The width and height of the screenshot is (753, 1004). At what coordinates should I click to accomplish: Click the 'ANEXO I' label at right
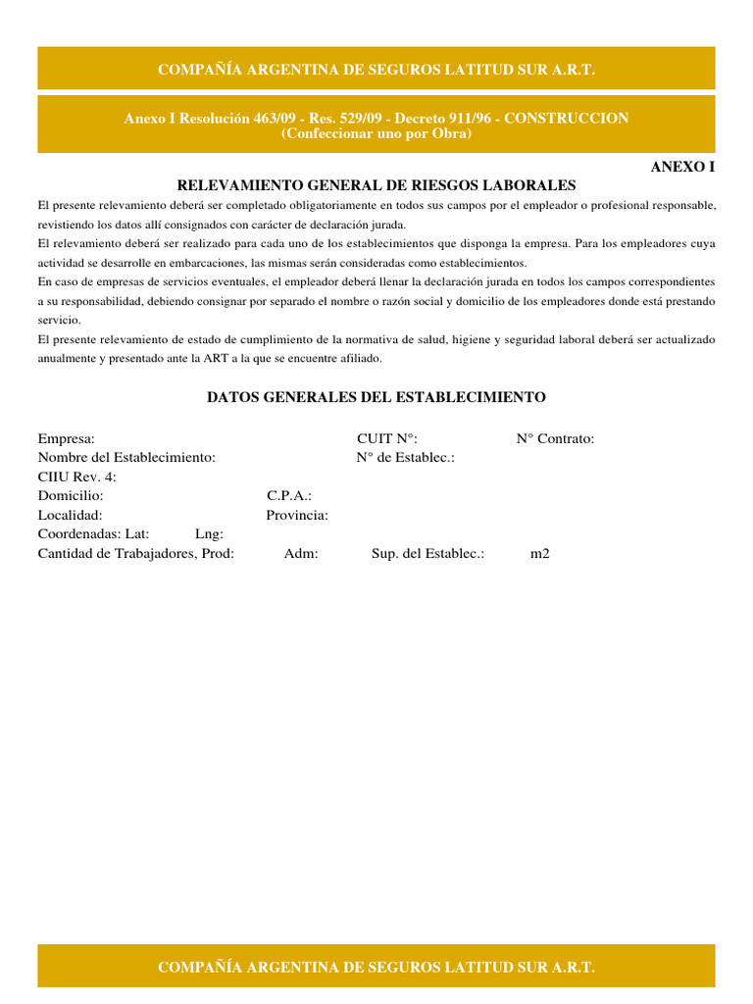click(x=683, y=167)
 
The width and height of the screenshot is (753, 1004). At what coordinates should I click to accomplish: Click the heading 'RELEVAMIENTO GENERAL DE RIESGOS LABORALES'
click(x=376, y=185)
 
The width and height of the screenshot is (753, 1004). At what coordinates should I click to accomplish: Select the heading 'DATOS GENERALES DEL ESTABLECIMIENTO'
click(x=376, y=397)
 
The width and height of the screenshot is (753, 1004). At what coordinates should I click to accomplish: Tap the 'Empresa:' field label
click(x=67, y=438)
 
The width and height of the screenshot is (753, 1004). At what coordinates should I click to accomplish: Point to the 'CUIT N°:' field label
click(x=387, y=438)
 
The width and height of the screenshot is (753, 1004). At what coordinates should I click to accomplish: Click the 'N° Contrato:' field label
click(x=555, y=438)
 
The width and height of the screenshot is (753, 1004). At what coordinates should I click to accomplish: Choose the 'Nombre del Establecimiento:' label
click(x=126, y=457)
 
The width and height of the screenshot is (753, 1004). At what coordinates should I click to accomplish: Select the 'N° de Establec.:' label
click(x=405, y=457)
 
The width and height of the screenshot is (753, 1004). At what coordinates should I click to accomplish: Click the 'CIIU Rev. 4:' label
click(x=77, y=477)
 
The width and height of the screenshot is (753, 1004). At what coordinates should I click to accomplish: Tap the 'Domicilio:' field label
click(x=71, y=496)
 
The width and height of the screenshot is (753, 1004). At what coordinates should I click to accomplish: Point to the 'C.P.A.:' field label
click(x=289, y=496)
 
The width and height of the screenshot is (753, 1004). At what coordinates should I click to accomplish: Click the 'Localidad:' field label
click(x=70, y=515)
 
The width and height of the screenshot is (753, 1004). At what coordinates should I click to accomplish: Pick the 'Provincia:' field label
click(x=297, y=515)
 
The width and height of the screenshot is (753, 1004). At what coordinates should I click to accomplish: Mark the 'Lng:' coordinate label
click(x=209, y=534)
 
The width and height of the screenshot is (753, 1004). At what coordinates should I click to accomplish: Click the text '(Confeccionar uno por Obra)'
click(x=376, y=133)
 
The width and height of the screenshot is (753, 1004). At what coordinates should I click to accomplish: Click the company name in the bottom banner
click(x=376, y=968)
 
